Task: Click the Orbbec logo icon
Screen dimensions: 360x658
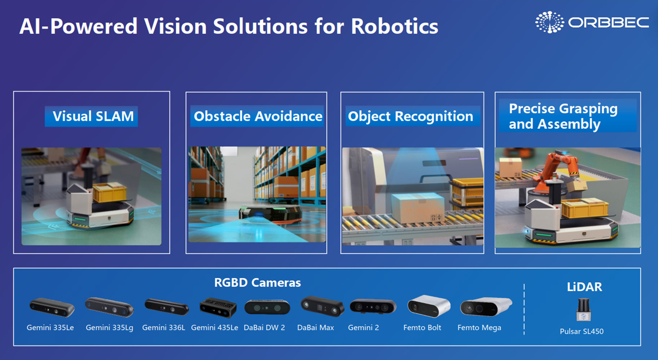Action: point(549,22)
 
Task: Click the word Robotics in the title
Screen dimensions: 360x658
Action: point(394,26)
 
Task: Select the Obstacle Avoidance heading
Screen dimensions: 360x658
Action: point(258,117)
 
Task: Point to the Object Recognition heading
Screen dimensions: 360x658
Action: point(411,117)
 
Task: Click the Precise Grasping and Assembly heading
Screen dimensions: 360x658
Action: point(563,116)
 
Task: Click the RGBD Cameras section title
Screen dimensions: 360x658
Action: point(257,283)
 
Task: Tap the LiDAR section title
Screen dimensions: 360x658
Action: point(584,287)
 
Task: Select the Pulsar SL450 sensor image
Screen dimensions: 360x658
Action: point(583,309)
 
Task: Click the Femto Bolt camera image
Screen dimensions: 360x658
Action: point(428,306)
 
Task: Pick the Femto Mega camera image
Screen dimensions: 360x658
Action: point(486,307)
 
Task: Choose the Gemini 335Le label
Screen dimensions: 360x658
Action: point(50,327)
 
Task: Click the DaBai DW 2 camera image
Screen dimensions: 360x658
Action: point(267,307)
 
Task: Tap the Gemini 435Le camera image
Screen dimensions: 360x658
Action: point(218,307)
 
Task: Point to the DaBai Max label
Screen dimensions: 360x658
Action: point(315,327)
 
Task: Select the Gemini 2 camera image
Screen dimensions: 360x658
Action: point(373,306)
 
